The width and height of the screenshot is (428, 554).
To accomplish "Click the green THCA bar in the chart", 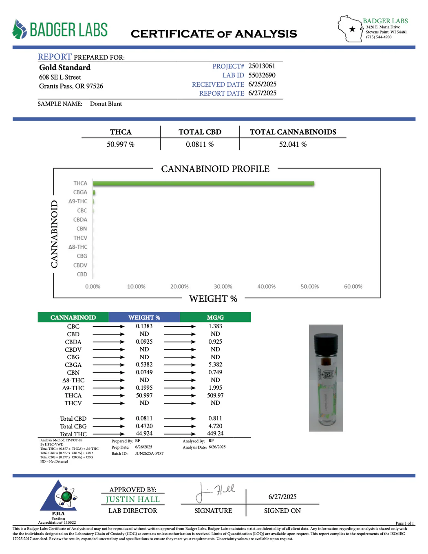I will (203, 184).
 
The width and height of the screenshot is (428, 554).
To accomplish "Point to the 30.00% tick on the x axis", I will (223, 287).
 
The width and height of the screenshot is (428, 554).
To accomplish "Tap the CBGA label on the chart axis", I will (80, 192).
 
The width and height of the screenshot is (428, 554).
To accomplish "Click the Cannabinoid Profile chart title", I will (215, 169).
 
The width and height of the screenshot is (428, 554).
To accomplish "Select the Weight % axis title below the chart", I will (213, 299).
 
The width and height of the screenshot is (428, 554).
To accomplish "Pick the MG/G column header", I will (215, 318).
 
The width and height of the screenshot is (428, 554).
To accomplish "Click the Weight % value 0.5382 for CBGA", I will (144, 365).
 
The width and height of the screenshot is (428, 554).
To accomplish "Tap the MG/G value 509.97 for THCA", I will (215, 395).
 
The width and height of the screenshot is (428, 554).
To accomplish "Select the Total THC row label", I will (73, 434).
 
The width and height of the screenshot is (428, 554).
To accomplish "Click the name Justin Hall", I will (132, 500).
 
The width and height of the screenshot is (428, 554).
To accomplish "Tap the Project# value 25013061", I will (262, 66).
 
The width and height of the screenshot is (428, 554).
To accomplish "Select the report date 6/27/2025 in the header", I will (263, 93).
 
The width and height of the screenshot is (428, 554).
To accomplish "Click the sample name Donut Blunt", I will (106, 104).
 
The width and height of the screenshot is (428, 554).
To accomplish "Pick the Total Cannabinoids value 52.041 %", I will (293, 145).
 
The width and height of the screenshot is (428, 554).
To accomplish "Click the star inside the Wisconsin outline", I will (352, 29).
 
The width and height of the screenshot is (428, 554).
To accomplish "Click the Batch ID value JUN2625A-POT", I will (149, 454).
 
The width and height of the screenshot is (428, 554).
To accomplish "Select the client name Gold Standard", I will (65, 68).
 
